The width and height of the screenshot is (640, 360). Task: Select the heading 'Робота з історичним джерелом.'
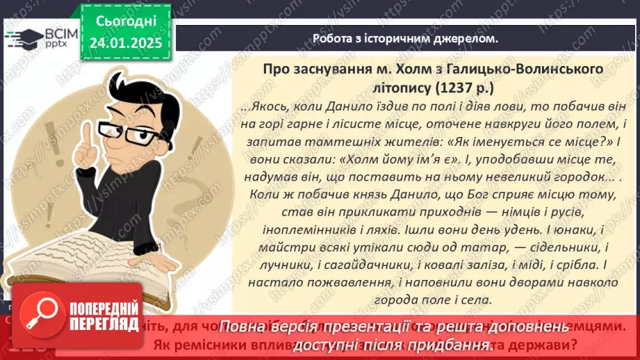point(405,39)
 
